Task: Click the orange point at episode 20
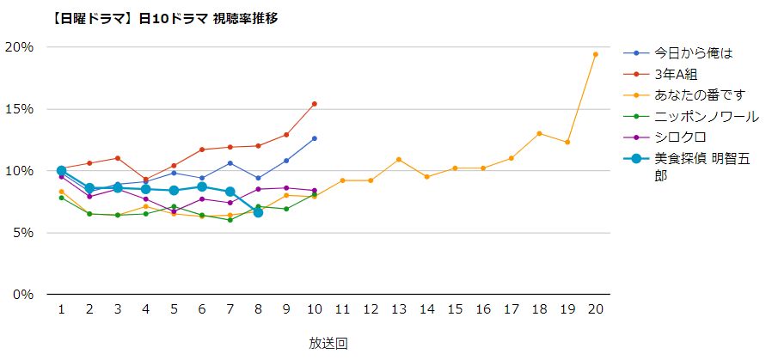point(595,54)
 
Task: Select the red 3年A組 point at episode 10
point(315,104)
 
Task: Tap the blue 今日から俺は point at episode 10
point(315,138)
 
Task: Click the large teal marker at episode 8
point(258,212)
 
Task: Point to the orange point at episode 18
point(539,133)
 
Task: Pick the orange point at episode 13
point(399,159)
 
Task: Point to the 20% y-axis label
point(19,46)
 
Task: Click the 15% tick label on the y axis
point(19,109)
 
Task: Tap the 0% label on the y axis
point(22,295)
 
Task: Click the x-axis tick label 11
point(342,308)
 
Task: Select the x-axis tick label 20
point(595,308)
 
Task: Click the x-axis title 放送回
point(328,343)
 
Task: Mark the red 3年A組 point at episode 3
point(118,158)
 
